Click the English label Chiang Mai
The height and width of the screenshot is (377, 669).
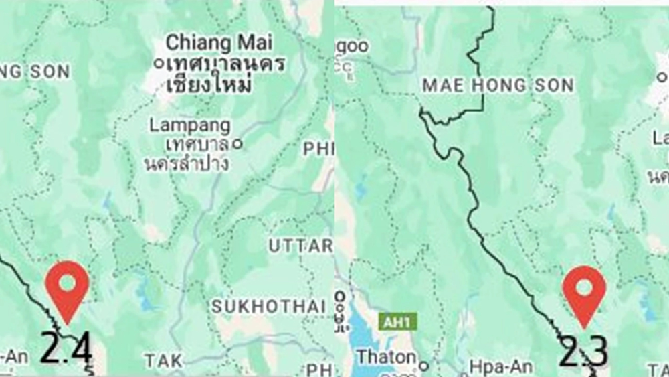(219, 44)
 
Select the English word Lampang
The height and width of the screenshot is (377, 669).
(189, 125)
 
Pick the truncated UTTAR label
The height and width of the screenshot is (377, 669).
(300, 246)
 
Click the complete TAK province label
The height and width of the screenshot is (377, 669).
(163, 361)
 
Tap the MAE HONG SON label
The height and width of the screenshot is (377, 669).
(498, 85)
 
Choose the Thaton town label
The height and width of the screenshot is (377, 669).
(385, 357)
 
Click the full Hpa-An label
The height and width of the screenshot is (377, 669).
(494, 366)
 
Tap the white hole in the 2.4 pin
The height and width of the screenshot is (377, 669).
(67, 283)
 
